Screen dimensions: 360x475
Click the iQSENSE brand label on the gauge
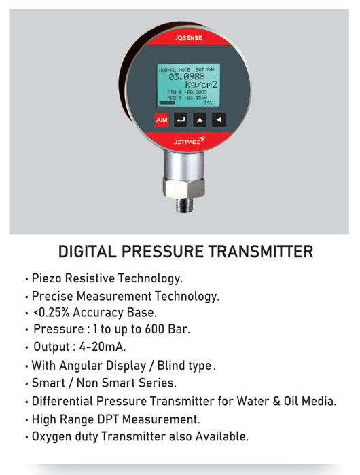coord(189,38)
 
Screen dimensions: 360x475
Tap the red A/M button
coord(162,120)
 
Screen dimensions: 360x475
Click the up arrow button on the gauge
coord(200,120)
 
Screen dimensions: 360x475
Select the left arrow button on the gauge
coord(218,120)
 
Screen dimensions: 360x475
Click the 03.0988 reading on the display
coord(187,76)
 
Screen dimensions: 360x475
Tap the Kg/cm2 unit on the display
coord(201,85)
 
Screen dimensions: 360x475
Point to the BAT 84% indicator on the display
coord(205,70)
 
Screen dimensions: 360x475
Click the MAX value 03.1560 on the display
coord(197,98)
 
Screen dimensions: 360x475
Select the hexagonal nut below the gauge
coord(184,187)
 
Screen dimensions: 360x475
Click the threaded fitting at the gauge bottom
coord(183,205)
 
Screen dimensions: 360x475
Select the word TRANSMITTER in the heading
coord(261,252)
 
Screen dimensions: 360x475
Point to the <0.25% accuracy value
coord(52,312)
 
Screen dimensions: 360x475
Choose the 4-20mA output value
coord(103,347)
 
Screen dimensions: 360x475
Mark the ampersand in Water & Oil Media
coord(276,402)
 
